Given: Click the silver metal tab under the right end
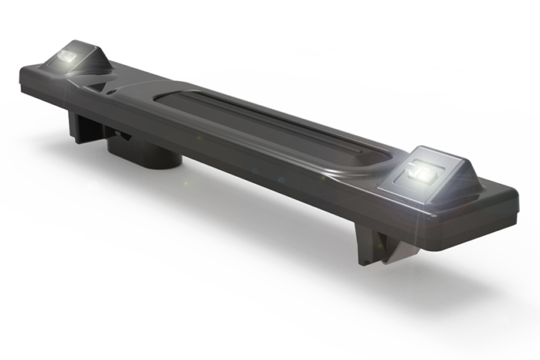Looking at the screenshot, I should click(398, 251).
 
